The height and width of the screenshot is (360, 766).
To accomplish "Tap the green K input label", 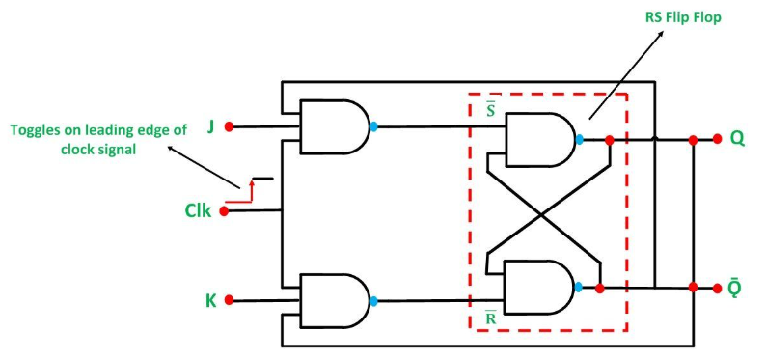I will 210,300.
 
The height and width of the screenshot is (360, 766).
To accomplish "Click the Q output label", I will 737,138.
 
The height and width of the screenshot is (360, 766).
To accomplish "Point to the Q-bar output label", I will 735,289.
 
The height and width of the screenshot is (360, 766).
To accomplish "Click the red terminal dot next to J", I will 229,126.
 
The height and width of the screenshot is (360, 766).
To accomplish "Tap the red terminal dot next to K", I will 229,300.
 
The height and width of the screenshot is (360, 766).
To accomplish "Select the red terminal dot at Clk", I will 225,210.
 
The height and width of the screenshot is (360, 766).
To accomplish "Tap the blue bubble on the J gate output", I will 373,126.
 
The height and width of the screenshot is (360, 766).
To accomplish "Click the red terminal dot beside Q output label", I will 716,139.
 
